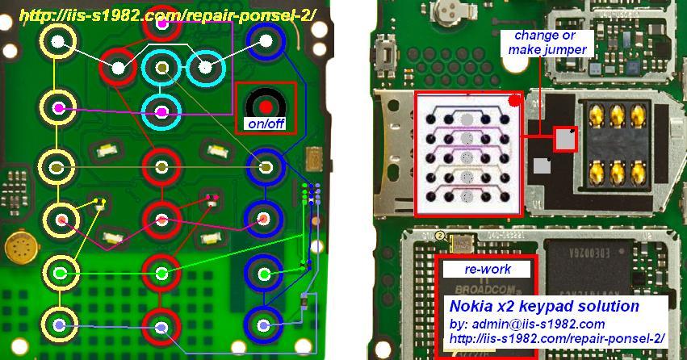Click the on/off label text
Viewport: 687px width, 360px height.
265,124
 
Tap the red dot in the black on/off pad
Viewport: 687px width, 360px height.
265,106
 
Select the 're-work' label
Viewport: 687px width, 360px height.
484,269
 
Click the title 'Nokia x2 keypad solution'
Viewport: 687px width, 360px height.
544,307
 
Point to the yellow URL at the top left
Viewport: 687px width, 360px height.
166,15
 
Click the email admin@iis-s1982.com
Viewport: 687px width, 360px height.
526,324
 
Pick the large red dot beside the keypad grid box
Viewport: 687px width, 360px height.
514,100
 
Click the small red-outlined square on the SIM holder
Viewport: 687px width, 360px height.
566,140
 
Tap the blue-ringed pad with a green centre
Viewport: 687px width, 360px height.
263,274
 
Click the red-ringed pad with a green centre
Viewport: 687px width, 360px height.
161,274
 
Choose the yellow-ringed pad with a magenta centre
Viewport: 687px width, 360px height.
57,107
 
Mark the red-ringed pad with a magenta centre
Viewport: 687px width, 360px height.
161,24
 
